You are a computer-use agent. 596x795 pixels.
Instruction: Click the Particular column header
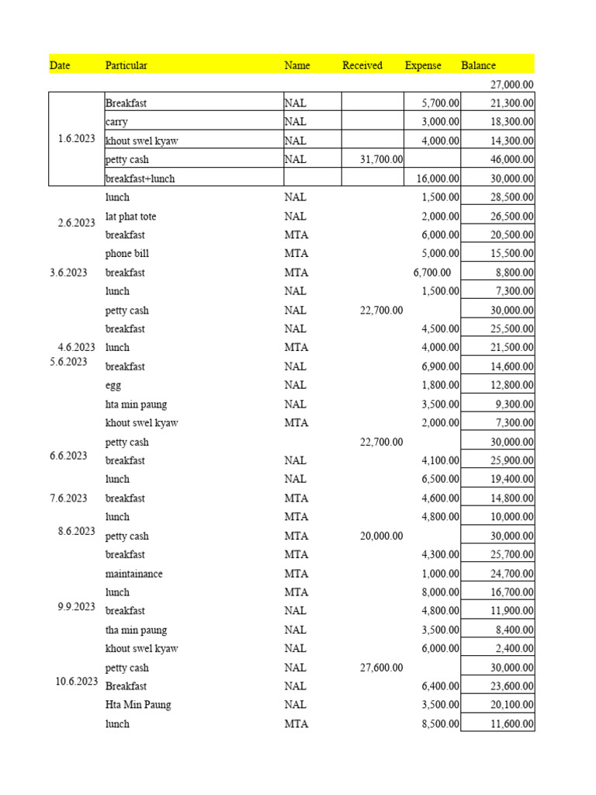pos(126,65)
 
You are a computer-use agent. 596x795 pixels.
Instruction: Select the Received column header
pos(362,65)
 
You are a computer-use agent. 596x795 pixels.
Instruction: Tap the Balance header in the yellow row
pos(478,65)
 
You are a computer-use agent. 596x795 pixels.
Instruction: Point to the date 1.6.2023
pos(76,139)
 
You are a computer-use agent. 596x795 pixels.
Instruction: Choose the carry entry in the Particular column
pos(117,122)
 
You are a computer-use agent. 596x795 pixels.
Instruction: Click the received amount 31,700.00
pos(381,159)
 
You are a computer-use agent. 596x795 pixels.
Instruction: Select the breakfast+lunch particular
pos(140,179)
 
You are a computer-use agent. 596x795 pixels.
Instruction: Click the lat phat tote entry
pos(130,217)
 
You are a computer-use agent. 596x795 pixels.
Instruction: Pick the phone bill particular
pos(127,254)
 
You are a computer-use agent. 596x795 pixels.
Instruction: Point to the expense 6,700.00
pos(433,273)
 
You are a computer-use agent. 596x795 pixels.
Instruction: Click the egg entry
pos(113,385)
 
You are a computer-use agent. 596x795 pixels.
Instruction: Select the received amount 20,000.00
pos(381,536)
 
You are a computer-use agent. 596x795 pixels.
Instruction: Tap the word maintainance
pos(133,574)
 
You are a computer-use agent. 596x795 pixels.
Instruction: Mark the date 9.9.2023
pos(76,606)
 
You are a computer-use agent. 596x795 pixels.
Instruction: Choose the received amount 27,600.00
pos(381,668)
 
